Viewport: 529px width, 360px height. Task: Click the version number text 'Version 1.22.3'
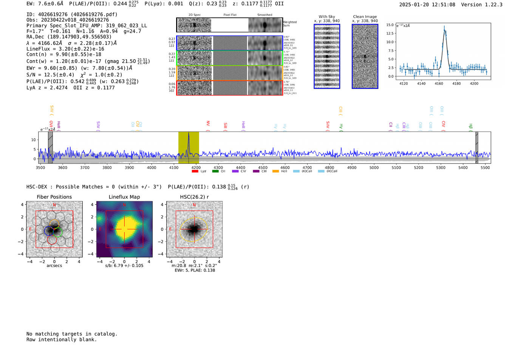pos(482,5)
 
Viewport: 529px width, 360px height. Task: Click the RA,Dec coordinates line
pos(69,37)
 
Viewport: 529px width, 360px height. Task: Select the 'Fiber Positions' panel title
pos(54,197)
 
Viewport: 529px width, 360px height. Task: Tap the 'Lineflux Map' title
pos(124,197)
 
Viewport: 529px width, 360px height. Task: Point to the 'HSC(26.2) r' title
pos(194,197)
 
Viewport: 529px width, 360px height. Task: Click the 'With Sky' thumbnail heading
pos(327,17)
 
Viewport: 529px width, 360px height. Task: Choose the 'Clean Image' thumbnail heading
pos(365,17)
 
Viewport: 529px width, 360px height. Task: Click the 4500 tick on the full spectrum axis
pos(263,167)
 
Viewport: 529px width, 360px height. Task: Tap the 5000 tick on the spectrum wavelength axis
pos(374,167)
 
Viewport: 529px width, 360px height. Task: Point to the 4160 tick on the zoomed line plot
pos(439,83)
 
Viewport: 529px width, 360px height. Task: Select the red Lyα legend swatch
pos(195,172)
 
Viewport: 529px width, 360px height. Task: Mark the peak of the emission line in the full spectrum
pos(189,133)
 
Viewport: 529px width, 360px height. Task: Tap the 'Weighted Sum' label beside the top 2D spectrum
pos(290,24)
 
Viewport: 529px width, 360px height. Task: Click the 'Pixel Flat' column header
pos(230,15)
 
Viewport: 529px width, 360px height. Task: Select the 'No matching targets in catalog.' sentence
pos(72,334)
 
